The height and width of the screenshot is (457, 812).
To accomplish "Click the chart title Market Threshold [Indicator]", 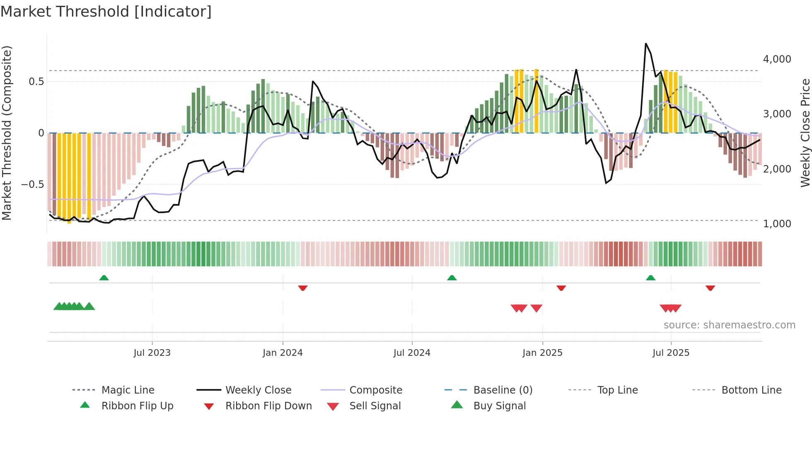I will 106,12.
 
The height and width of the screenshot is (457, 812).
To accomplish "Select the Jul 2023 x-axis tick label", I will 152,352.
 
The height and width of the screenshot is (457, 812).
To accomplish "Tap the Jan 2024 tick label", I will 283,352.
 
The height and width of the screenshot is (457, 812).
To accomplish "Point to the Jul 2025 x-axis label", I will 671,352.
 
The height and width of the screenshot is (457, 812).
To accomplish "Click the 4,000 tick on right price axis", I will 777,59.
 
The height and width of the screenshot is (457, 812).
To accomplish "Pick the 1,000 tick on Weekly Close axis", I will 777,224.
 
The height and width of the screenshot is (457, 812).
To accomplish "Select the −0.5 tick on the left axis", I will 32,184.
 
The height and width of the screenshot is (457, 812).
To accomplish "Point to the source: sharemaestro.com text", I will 729,325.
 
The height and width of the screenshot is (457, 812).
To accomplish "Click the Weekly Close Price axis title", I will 805,133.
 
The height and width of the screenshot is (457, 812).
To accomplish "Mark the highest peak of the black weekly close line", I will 646,44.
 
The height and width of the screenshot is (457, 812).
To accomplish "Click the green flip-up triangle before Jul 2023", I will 104,278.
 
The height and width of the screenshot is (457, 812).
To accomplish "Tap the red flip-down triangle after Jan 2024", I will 303,288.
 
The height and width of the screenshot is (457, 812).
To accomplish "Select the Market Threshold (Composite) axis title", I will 7,133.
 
